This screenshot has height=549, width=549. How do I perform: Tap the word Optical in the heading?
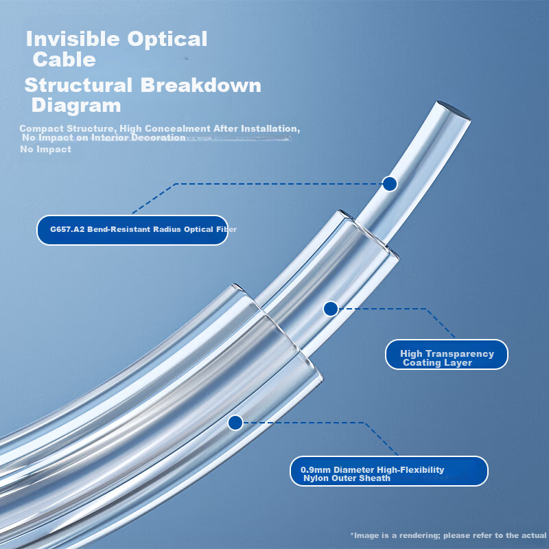click(x=167, y=40)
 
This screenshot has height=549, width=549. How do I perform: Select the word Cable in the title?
click(x=64, y=59)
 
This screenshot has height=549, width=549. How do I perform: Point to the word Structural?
click(x=78, y=85)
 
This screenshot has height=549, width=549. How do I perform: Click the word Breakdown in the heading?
click(x=201, y=85)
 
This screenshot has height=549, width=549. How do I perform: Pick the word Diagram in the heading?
click(x=76, y=106)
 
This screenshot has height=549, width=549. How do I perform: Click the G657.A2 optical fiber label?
click(x=132, y=230)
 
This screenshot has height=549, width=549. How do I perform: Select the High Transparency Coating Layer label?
click(x=447, y=354)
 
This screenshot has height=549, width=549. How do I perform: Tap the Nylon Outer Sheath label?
click(x=389, y=471)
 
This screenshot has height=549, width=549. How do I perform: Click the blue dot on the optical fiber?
click(x=390, y=184)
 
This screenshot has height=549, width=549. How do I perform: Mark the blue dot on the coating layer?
click(x=331, y=309)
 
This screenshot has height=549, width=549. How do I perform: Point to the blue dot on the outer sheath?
click(x=235, y=423)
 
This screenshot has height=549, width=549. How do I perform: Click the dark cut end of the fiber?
click(x=454, y=110)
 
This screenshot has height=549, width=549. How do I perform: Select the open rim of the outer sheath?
click(x=280, y=329)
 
